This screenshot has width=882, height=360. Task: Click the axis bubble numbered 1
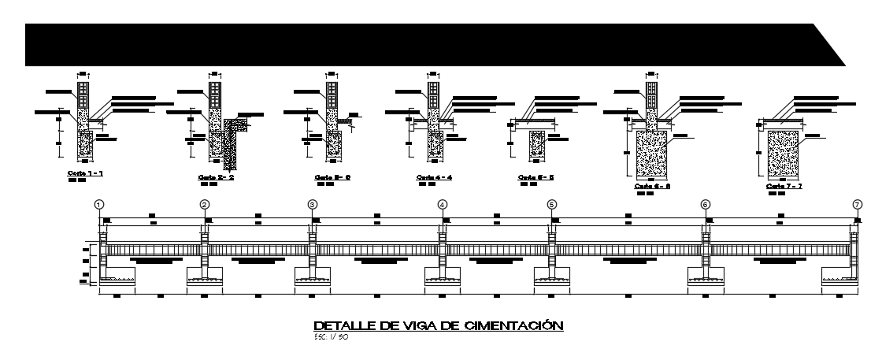coord(99,204)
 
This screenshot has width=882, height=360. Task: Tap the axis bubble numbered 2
coord(205,204)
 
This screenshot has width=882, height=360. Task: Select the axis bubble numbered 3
coord(313,204)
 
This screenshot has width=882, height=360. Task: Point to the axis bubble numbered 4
coord(443,204)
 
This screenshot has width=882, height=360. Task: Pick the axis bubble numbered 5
coord(551,204)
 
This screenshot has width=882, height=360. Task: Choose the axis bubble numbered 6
coord(706,204)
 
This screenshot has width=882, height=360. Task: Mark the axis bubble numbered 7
coord(857,204)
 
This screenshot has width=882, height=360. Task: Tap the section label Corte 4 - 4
coord(434,177)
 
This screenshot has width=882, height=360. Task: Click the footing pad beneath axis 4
coord(443,276)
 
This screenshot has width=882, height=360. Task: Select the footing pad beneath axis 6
coord(706,276)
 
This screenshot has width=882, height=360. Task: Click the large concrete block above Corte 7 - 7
coord(784,154)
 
